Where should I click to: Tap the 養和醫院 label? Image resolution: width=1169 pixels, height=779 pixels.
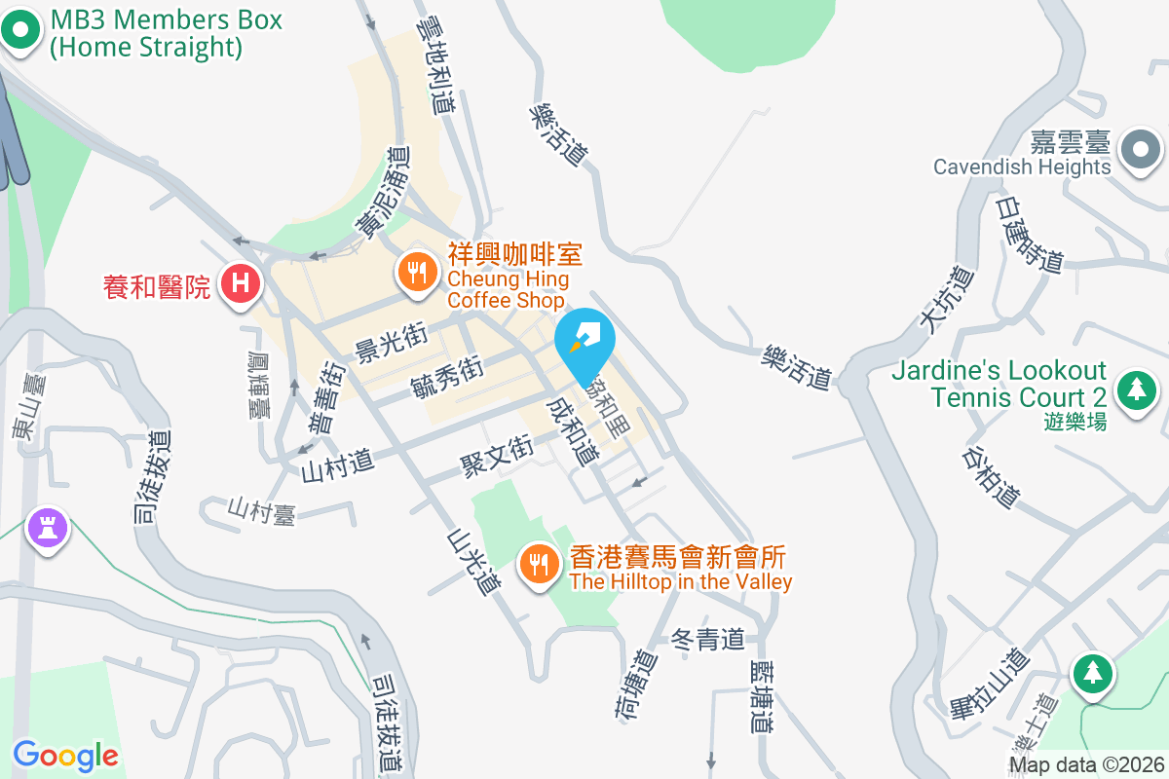click(157, 286)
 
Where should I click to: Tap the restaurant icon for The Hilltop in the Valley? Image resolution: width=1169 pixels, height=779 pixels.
click(537, 563)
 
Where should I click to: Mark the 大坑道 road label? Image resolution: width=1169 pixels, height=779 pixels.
click(945, 301)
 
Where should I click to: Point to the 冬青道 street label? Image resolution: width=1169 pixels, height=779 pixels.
click(708, 640)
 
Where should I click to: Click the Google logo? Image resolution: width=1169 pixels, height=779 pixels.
click(65, 756)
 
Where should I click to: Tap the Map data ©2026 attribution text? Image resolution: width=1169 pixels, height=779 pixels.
click(1086, 764)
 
